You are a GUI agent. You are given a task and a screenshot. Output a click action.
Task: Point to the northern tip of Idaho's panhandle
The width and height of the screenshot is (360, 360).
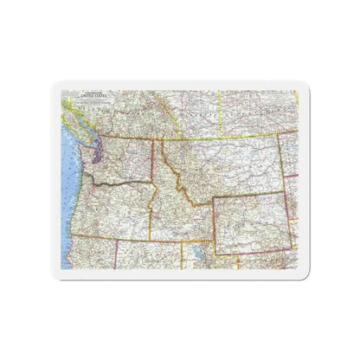[153, 137]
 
